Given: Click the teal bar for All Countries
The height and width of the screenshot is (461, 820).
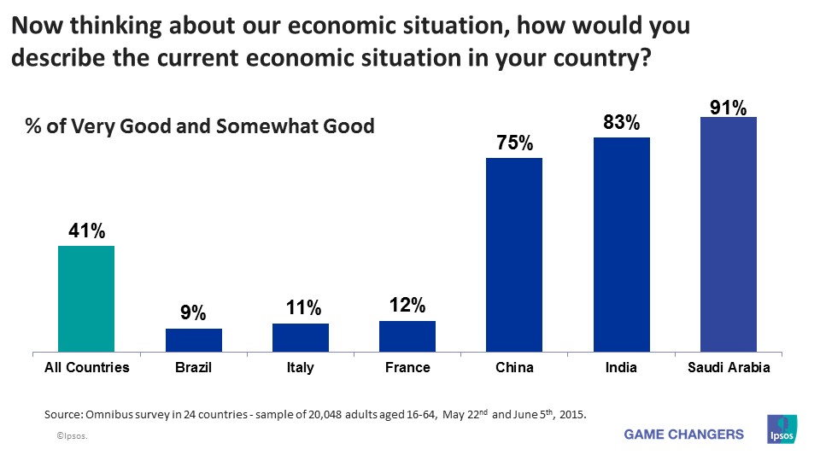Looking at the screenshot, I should [85, 299].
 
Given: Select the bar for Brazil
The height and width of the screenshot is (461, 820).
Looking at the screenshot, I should [193, 340].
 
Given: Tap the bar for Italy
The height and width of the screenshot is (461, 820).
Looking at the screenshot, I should [300, 337].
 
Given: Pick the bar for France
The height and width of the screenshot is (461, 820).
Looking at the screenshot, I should [407, 336].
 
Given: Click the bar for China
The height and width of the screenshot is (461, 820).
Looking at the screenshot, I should [513, 254].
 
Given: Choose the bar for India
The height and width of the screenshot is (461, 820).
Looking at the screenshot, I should [621, 244].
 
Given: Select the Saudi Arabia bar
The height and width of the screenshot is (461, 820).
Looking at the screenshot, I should [728, 234].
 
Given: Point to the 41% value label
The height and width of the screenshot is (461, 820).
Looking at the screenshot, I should [86, 231].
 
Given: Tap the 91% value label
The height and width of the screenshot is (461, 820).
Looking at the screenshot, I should [728, 108].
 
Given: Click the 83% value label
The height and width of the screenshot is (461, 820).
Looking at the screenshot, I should [621, 123].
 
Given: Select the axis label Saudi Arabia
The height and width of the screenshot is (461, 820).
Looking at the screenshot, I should [728, 368].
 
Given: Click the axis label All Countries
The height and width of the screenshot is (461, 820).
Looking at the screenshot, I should [86, 368].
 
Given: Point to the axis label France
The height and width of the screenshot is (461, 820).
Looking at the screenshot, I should [407, 368].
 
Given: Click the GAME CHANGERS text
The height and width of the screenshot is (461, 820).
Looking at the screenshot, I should [684, 435].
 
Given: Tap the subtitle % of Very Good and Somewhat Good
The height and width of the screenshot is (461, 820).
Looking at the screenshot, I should [199, 127].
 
